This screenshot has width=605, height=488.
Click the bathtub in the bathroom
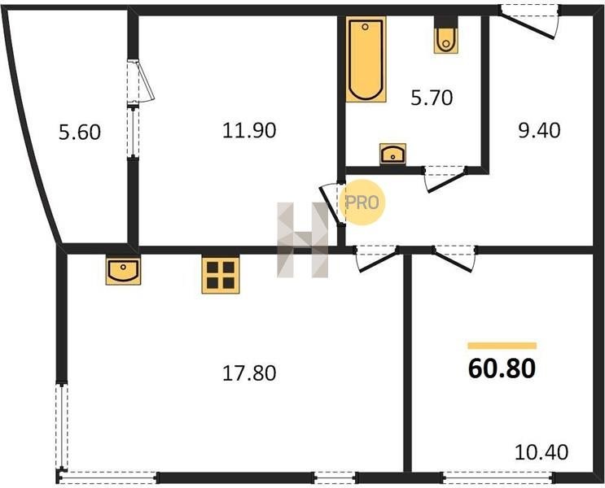pos(366,59)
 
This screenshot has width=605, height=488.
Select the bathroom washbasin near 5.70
pos(392,154)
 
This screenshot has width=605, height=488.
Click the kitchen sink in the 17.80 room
pos(123,269)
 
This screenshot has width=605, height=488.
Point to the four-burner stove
pos(221,275)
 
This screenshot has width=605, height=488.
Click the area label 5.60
pos(80,132)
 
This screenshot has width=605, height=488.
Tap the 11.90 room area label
pos(249,130)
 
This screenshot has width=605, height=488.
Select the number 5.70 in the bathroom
pos(432,98)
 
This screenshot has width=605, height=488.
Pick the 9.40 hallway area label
pos(539,130)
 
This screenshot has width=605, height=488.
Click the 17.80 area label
pos(249,373)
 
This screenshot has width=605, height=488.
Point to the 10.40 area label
pos(541,452)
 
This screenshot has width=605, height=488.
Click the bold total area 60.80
pos(502,368)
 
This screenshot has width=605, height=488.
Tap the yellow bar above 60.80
pos(502,346)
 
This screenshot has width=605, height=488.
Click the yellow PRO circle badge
pos(362,203)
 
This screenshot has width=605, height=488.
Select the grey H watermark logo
pos(303,240)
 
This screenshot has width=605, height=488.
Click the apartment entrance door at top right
pos(528,22)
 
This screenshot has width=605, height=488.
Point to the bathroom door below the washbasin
pos(445,179)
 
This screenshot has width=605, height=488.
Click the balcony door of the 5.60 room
pos(140,81)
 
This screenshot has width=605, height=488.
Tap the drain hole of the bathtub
pos(365,27)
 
